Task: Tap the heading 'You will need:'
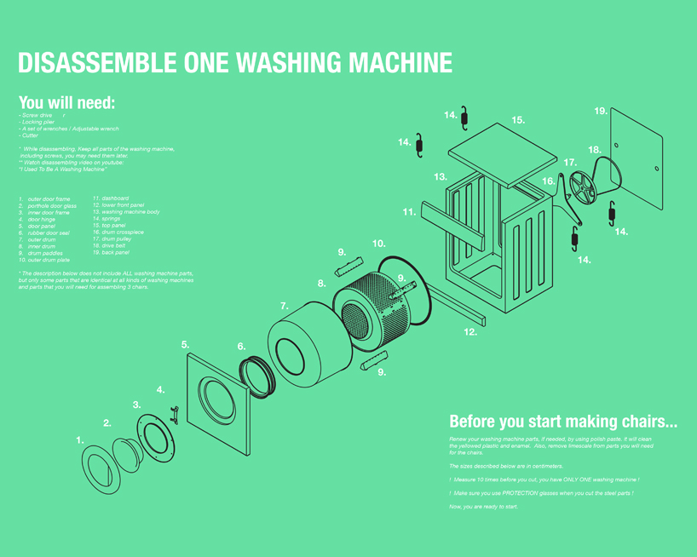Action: [x=66, y=102]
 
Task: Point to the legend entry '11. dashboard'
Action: [x=111, y=198]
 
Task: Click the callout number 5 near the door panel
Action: [x=185, y=344]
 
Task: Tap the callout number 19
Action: [x=601, y=112]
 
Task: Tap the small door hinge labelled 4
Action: [x=175, y=414]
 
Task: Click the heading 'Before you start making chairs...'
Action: [x=562, y=421]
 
